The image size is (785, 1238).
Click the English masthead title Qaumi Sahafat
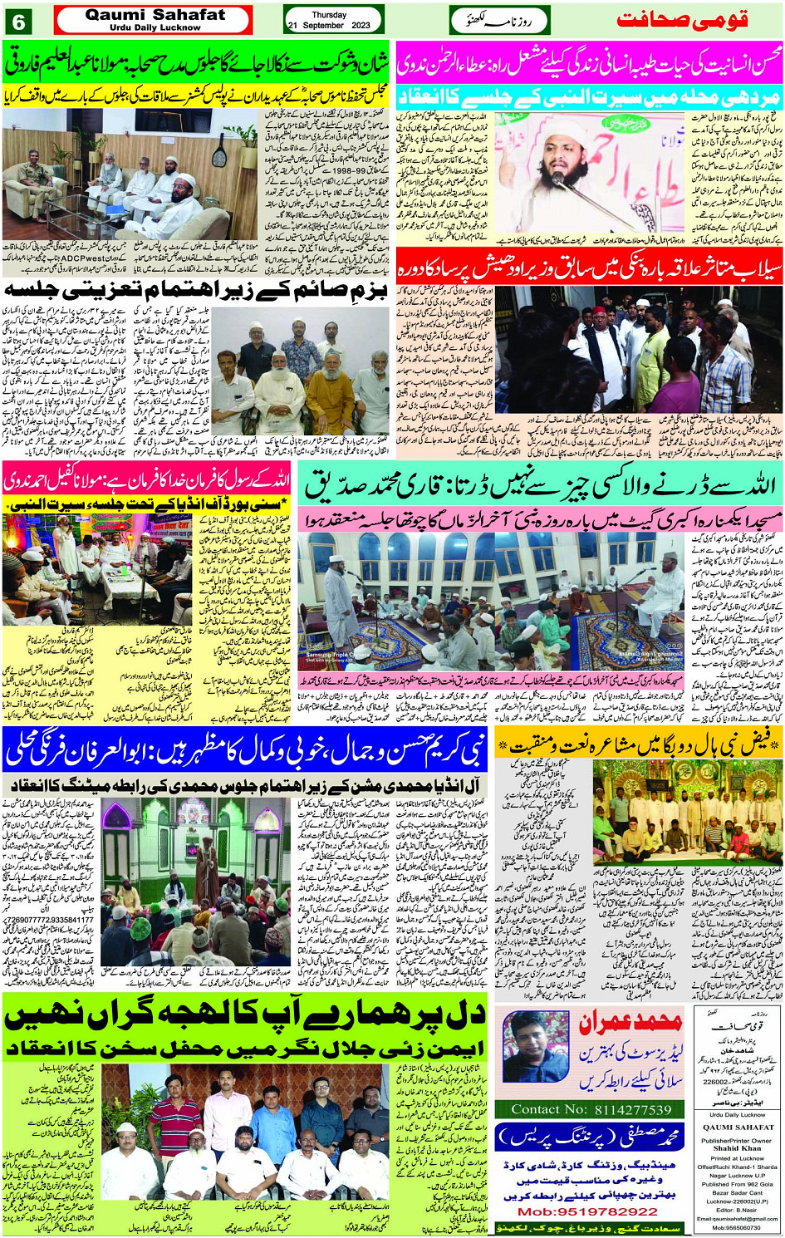155,14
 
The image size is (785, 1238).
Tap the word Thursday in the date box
329,15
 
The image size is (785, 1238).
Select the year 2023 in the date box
361,26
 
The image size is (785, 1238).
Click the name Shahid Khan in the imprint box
736,1149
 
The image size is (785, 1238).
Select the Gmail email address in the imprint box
735,1219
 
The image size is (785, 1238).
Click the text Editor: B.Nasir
736,1211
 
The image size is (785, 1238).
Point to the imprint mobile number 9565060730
736,1227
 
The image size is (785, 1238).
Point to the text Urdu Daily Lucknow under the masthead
155,27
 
